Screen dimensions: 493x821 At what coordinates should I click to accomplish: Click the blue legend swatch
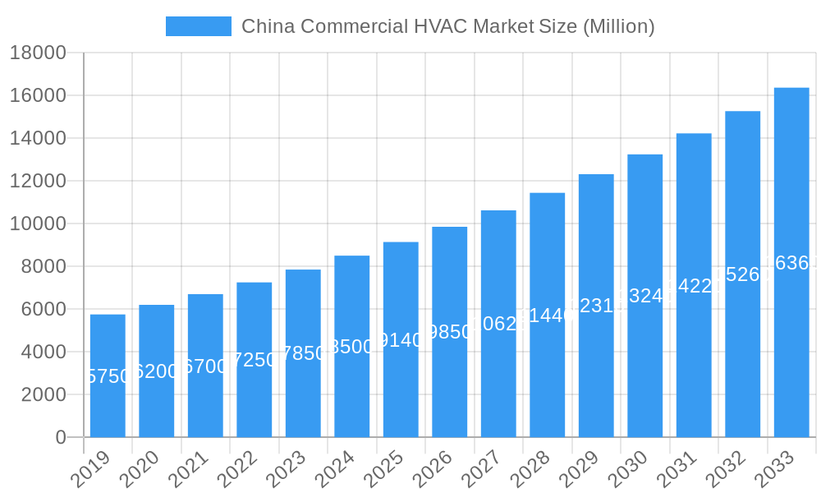(199, 26)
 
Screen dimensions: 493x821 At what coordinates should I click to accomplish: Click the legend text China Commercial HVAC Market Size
(447, 26)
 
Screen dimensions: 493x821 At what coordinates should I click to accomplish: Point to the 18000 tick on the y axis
(38, 53)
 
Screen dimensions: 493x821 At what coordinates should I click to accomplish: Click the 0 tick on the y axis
(61, 437)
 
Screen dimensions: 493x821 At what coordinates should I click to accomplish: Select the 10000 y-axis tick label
(38, 223)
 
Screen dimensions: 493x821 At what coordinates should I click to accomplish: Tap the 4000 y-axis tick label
(44, 352)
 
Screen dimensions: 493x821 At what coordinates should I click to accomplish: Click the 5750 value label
(108, 376)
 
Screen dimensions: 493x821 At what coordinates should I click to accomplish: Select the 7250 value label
(255, 360)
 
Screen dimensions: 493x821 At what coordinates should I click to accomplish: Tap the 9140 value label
(401, 340)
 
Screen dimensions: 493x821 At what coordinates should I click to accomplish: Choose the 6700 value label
(205, 366)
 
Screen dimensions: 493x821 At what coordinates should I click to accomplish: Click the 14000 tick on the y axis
(38, 138)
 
